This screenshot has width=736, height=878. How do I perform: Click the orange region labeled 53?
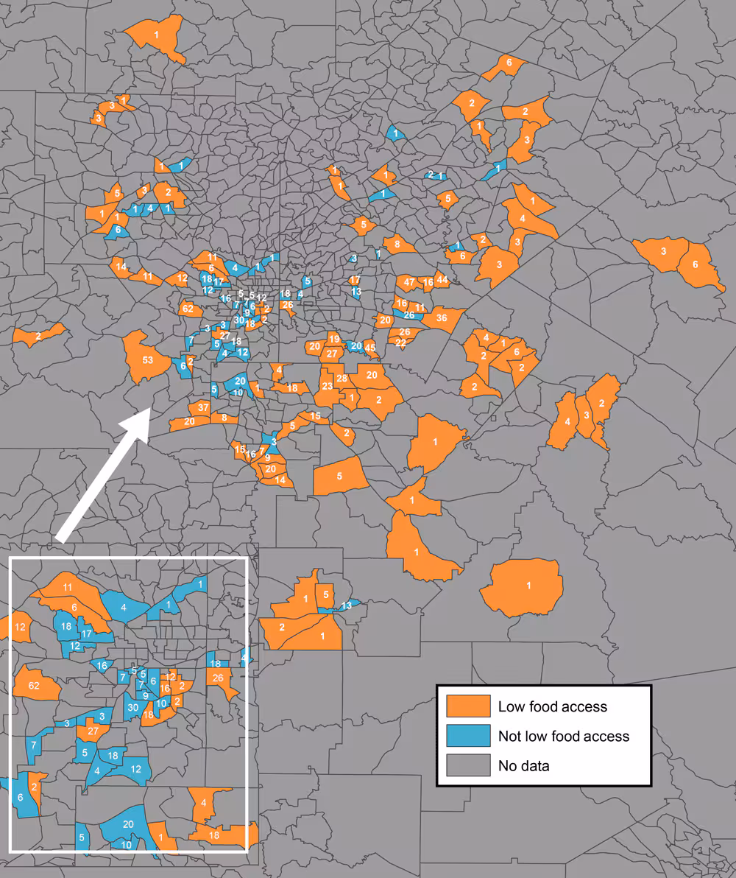(147, 359)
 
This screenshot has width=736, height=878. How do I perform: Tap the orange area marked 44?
(442, 279)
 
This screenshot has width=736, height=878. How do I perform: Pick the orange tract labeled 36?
(442, 318)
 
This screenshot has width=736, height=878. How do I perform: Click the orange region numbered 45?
(370, 348)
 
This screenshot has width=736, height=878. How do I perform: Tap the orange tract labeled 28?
(342, 379)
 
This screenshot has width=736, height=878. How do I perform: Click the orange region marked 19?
(333, 339)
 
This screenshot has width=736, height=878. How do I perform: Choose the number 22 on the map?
(401, 343)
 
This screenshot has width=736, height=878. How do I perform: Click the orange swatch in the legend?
(468, 706)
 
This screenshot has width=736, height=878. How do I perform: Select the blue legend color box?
(468, 736)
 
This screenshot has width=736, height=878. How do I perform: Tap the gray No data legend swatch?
(468, 765)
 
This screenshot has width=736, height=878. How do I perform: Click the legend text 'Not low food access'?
(563, 736)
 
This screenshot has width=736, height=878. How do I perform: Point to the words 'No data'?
(523, 765)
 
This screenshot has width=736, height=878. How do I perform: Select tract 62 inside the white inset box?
(34, 686)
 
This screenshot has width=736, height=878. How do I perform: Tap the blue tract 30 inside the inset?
(133, 707)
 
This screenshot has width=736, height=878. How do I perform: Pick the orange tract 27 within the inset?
(93, 731)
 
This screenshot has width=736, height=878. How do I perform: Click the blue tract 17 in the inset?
(86, 633)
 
